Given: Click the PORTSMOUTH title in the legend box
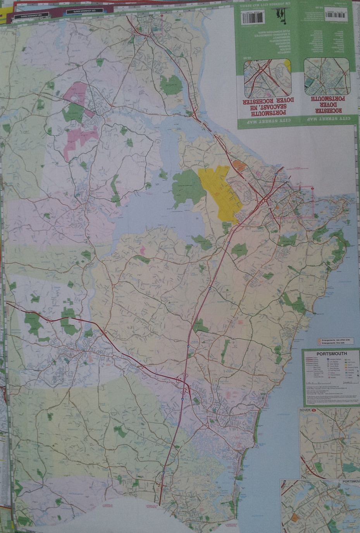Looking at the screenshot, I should coord(331,354).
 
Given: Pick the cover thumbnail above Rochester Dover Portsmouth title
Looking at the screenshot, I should coord(327,76).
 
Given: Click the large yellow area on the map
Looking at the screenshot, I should coord(221,192).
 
